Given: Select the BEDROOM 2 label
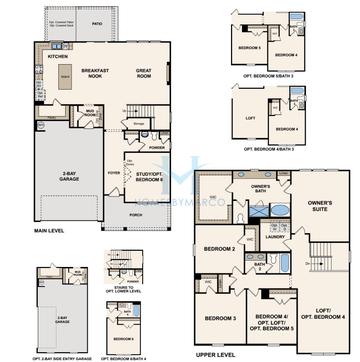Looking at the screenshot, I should click(219, 248).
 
